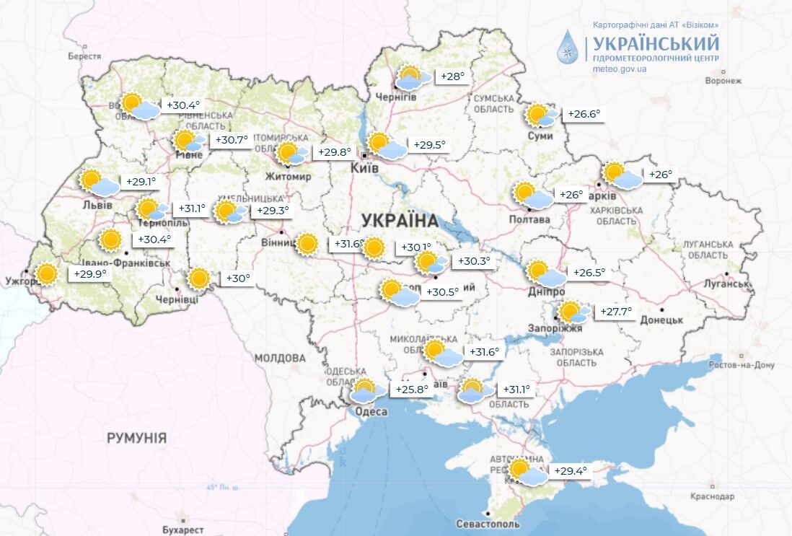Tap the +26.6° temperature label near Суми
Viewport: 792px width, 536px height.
(x=584, y=114)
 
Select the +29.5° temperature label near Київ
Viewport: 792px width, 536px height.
(x=429, y=145)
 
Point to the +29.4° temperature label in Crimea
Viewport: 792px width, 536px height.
(x=571, y=471)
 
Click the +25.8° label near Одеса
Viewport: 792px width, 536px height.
(x=412, y=390)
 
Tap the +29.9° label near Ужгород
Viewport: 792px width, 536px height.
(x=89, y=274)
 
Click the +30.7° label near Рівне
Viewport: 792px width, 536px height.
(x=232, y=140)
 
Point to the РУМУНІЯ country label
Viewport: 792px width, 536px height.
(x=136, y=438)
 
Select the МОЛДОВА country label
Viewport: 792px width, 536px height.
(x=280, y=358)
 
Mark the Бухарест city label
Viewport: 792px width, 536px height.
(x=184, y=530)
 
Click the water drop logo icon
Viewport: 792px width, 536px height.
(x=568, y=48)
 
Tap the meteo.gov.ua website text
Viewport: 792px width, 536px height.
(x=619, y=69)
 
